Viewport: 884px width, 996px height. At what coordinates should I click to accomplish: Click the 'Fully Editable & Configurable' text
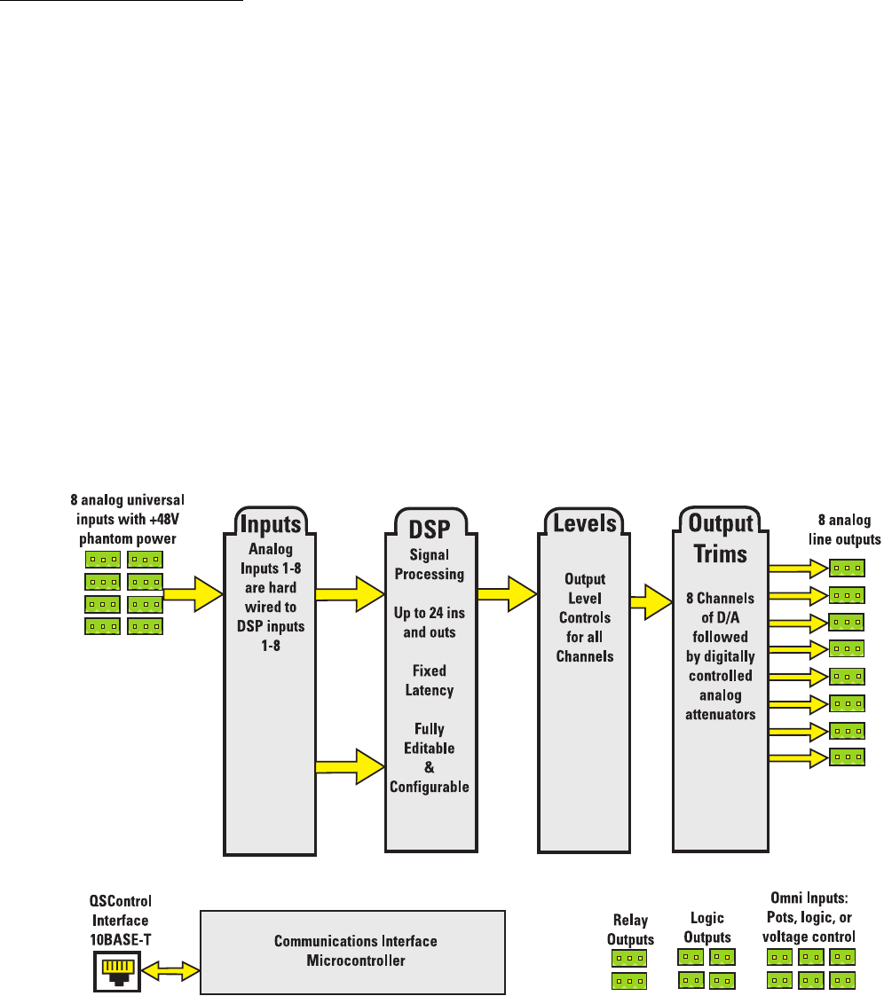(430, 758)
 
